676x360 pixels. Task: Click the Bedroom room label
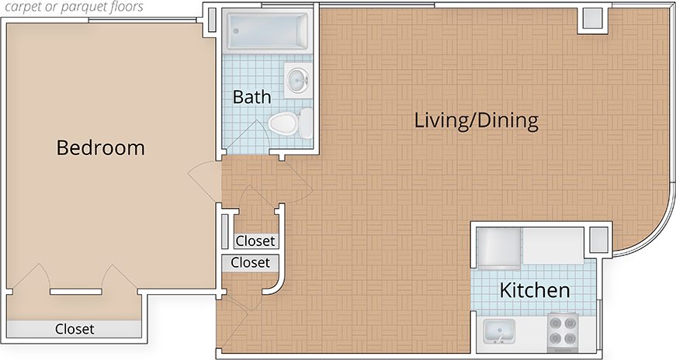101,147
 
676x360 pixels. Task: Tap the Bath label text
252,97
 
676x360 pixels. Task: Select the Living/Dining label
476,121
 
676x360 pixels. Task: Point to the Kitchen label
535,291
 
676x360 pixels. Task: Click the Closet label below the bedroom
75,329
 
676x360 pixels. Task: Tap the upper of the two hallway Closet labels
255,241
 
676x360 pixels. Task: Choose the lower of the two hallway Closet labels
250,263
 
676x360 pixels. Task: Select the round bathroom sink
297,79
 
